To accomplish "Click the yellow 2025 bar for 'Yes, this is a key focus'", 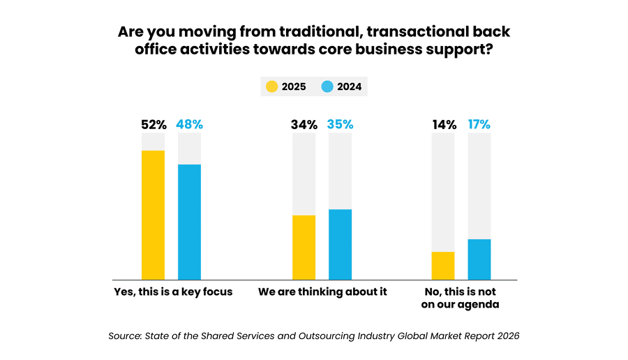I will pyautogui.click(x=153, y=214).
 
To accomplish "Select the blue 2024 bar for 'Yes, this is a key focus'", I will pyautogui.click(x=189, y=221).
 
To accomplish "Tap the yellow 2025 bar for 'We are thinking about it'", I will pyautogui.click(x=304, y=247).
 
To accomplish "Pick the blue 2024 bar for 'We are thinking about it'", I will pyautogui.click(x=340, y=243).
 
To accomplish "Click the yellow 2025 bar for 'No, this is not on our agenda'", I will pyautogui.click(x=443, y=265).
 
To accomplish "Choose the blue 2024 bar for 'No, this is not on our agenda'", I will pyautogui.click(x=479, y=259).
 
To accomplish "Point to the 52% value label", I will pyautogui.click(x=153, y=125).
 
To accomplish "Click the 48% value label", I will pyautogui.click(x=189, y=125).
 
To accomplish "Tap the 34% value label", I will pyautogui.click(x=304, y=125).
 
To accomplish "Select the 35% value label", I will pyautogui.click(x=340, y=125).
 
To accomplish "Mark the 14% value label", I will pyautogui.click(x=443, y=125).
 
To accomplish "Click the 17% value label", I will pyautogui.click(x=479, y=125).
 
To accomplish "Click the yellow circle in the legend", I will pyautogui.click(x=271, y=87).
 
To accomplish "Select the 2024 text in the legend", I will pyautogui.click(x=350, y=87).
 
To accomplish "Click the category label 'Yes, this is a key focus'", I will pyautogui.click(x=172, y=292).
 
